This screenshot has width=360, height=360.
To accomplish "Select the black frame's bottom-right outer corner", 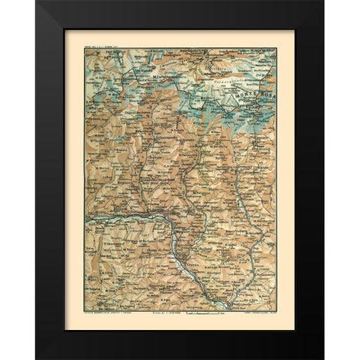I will (325, 359).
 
